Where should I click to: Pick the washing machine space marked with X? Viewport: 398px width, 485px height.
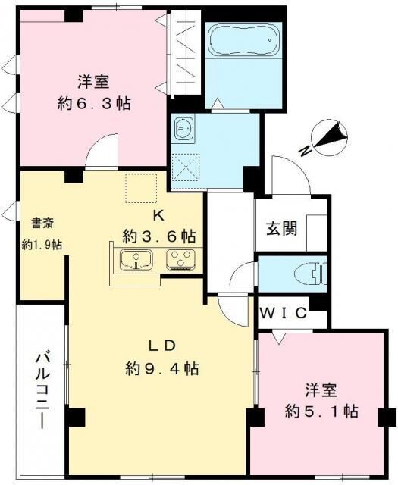point(186,164)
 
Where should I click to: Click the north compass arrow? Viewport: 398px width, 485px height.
point(332,136)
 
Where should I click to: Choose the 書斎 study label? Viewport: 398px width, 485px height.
point(42,224)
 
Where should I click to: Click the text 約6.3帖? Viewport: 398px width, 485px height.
point(95,104)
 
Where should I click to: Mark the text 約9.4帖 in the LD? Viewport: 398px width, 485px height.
point(162,369)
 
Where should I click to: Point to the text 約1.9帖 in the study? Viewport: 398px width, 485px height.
point(42,245)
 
